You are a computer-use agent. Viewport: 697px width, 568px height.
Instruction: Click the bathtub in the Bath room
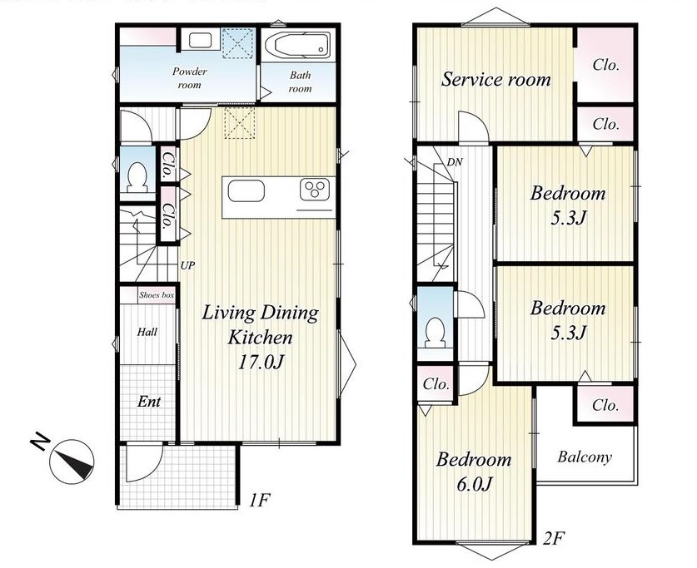298,44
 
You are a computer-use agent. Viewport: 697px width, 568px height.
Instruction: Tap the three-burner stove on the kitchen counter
316,190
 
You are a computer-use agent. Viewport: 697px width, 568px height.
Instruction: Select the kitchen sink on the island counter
246,190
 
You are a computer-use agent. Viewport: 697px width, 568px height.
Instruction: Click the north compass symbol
72,462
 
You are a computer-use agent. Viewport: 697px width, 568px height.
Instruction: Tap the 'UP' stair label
187,266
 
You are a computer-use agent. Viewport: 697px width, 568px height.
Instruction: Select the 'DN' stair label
455,162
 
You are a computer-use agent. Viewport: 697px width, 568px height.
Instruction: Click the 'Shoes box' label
157,295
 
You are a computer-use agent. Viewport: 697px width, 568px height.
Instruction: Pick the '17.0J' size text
261,363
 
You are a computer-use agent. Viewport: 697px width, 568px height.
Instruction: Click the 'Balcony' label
585,457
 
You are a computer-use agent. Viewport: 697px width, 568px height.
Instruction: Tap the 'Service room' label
495,80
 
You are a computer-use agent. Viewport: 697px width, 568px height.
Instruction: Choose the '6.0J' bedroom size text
474,484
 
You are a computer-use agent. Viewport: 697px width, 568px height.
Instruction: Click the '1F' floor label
259,501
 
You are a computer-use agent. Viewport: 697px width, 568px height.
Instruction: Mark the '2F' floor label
554,539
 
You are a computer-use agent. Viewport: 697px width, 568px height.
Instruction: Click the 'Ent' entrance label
149,402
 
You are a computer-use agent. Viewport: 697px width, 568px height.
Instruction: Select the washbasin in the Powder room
200,41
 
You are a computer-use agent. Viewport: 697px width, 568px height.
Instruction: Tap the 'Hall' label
147,332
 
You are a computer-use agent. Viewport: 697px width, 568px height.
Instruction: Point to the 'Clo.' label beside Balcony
605,405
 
